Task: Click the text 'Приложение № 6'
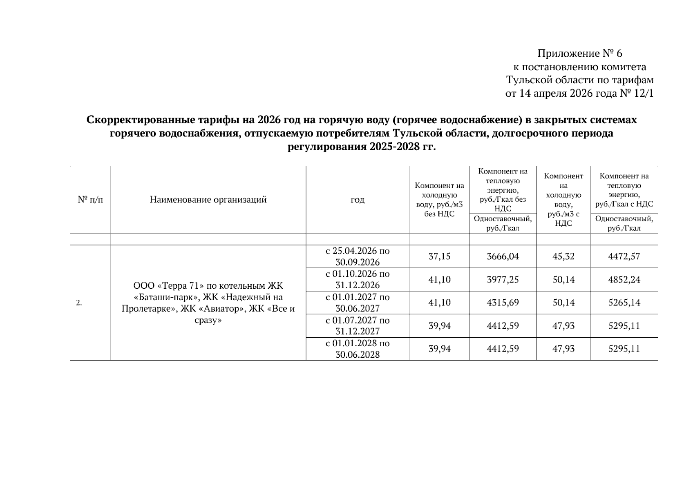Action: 579,53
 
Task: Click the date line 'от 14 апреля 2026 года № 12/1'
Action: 579,94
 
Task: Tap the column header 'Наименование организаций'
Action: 208,200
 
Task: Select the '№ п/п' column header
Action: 90,200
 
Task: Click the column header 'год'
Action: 358,200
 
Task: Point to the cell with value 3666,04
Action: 503,256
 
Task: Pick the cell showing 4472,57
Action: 624,256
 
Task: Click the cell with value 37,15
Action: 439,256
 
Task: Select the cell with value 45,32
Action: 563,256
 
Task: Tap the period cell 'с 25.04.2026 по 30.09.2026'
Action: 358,256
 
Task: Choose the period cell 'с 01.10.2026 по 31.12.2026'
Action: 358,279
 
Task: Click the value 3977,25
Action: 503,280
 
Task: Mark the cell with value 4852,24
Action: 624,280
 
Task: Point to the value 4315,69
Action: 503,303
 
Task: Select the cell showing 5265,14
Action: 624,303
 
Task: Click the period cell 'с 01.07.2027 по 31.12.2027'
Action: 358,325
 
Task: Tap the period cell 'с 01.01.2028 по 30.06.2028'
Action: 358,349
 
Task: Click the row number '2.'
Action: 79,303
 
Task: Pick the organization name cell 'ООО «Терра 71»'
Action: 208,303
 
